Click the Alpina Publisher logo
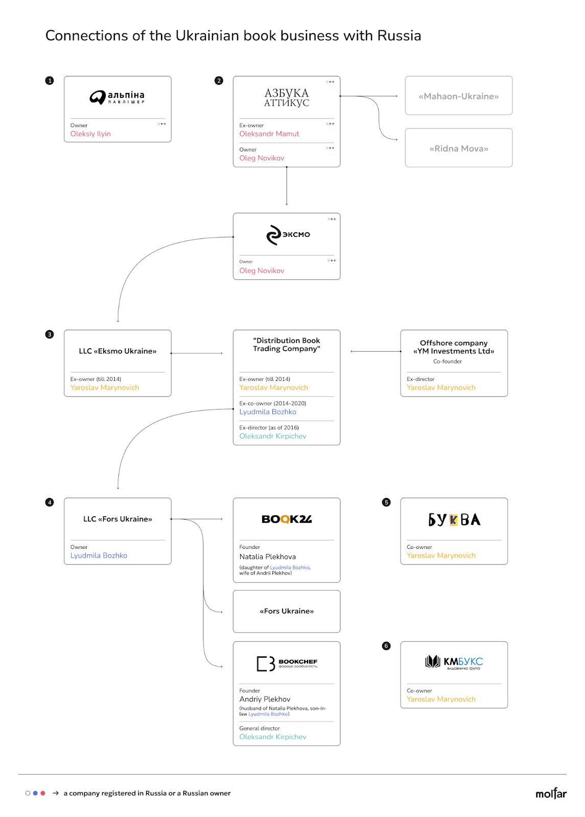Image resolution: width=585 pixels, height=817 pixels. pyautogui.click(x=117, y=98)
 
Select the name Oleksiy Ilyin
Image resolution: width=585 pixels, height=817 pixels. pyautogui.click(x=90, y=134)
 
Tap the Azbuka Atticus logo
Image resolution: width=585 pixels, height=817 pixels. pyautogui.click(x=287, y=98)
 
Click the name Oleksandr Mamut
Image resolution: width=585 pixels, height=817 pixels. pyautogui.click(x=269, y=134)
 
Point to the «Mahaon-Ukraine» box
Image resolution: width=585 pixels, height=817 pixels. pyautogui.click(x=458, y=95)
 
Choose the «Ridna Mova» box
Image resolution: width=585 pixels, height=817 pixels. pyautogui.click(x=458, y=148)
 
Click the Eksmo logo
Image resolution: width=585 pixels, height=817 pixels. pyautogui.click(x=288, y=234)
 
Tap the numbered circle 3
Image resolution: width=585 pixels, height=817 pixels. pyautogui.click(x=49, y=334)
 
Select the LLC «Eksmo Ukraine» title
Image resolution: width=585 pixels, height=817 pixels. pyautogui.click(x=118, y=351)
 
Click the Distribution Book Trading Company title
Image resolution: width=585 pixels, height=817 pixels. pyautogui.click(x=287, y=344)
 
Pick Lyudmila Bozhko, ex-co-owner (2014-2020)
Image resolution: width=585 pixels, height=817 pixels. pyautogui.click(x=268, y=412)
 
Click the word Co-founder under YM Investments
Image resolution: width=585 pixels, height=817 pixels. pyautogui.click(x=448, y=361)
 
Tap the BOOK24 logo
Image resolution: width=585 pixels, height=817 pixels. pyautogui.click(x=287, y=519)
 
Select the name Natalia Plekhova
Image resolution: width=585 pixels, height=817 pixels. pyautogui.click(x=267, y=557)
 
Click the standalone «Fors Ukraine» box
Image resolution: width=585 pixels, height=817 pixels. pyautogui.click(x=287, y=611)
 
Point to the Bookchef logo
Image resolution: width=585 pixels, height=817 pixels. pyautogui.click(x=287, y=664)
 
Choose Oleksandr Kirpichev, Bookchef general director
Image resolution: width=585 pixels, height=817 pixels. pyautogui.click(x=273, y=737)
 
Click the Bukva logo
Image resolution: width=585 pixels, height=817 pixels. pyautogui.click(x=454, y=519)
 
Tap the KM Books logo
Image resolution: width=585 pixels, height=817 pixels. pyautogui.click(x=454, y=662)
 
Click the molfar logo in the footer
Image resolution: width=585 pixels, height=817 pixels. pyautogui.click(x=551, y=793)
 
